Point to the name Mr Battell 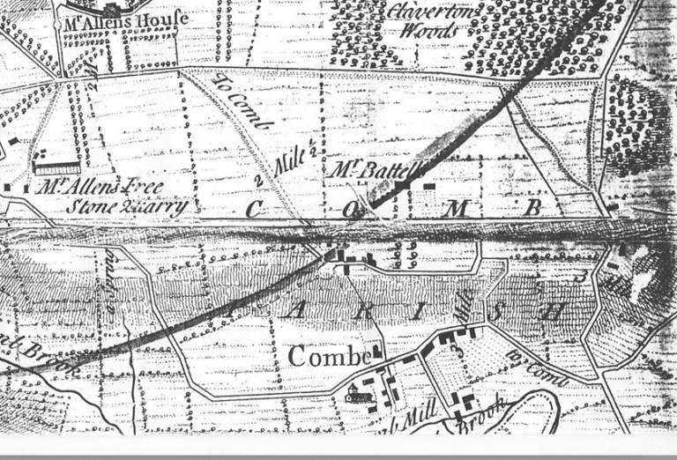368,170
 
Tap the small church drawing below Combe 358,395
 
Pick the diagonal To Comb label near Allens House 241,103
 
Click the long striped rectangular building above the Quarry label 56,167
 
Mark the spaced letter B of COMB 532,209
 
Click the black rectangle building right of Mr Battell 429,186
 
